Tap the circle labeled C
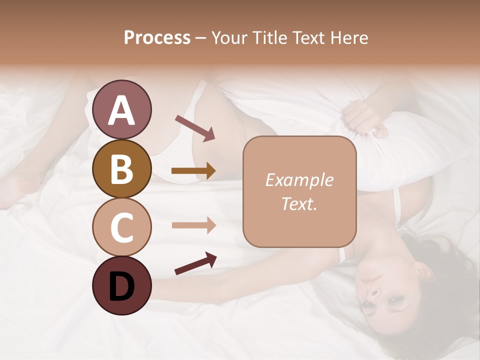[x=121, y=227]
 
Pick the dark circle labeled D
[x=121, y=285]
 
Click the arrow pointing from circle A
[x=195, y=128]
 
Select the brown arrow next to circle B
[x=193, y=171]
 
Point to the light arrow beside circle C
[x=193, y=225]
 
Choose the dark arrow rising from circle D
[x=195, y=263]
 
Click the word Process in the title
[x=157, y=37]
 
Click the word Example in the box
[x=299, y=180]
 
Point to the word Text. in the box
[x=299, y=203]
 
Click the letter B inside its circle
[x=121, y=168]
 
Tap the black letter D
[x=121, y=286]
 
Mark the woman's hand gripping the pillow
[x=365, y=117]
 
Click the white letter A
[x=121, y=110]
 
